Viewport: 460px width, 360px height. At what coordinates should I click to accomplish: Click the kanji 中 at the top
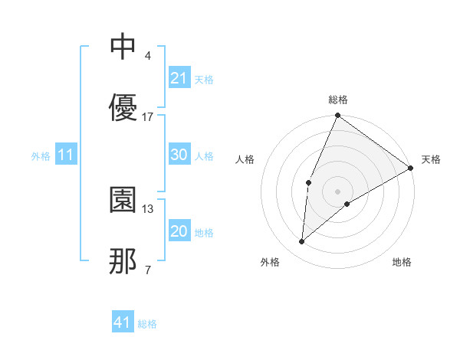click(123, 47)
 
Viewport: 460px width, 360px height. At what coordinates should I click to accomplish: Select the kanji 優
click(123, 106)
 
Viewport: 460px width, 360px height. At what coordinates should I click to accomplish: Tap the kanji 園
click(123, 200)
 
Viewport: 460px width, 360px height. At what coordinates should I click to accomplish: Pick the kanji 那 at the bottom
click(123, 261)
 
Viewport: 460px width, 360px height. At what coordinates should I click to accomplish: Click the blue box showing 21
click(179, 77)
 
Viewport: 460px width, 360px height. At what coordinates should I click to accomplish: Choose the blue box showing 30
click(179, 154)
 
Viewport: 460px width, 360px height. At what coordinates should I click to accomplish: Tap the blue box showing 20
click(179, 231)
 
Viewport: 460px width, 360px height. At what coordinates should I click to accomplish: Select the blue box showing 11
click(66, 155)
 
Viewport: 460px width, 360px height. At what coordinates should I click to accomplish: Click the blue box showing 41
click(123, 322)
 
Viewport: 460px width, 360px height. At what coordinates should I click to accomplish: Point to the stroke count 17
click(148, 117)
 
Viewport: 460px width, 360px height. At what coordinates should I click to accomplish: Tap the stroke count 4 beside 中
click(147, 56)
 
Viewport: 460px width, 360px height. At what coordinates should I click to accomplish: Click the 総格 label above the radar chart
click(338, 100)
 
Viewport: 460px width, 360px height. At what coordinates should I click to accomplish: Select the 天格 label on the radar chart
click(431, 159)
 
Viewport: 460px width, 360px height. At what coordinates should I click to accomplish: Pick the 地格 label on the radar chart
click(402, 262)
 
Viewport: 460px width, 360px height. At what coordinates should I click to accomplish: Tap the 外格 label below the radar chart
click(270, 262)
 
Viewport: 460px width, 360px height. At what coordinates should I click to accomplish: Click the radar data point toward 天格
click(411, 168)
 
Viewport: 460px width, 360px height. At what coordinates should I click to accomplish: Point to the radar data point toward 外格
click(302, 242)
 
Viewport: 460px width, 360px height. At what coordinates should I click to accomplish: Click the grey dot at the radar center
click(337, 191)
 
